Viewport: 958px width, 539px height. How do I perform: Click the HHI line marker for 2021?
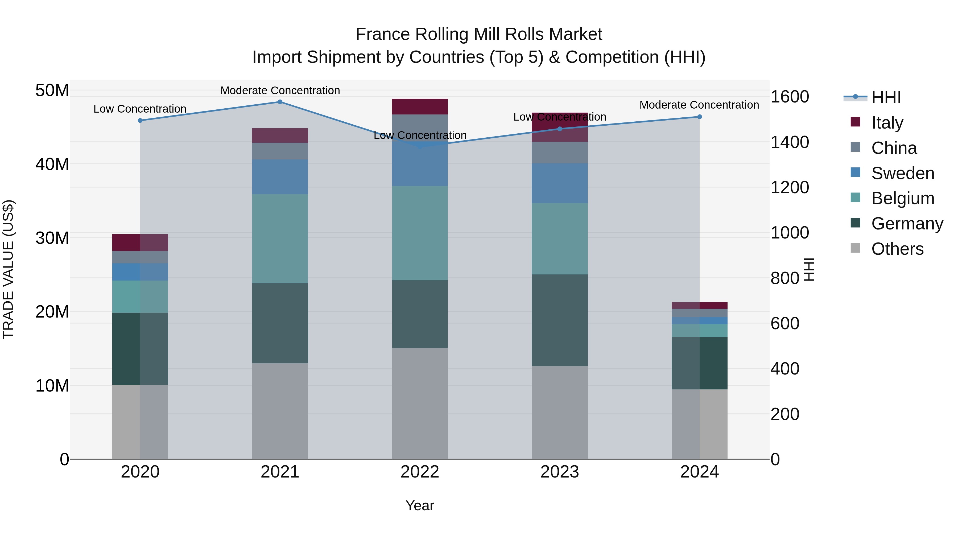(x=280, y=102)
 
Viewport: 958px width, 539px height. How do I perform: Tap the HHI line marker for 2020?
(x=140, y=121)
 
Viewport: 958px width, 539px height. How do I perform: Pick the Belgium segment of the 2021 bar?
(x=280, y=238)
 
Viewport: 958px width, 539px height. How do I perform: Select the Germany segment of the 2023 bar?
(x=559, y=320)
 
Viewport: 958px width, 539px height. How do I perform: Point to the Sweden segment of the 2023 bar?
(x=559, y=183)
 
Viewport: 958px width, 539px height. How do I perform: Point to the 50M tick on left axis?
(x=52, y=90)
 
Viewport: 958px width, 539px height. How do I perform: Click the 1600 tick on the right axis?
(x=789, y=97)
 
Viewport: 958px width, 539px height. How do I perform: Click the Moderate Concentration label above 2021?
(x=280, y=90)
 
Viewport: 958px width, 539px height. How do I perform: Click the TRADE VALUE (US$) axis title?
(x=9, y=269)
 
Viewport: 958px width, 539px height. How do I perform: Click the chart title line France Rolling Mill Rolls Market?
(x=479, y=34)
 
